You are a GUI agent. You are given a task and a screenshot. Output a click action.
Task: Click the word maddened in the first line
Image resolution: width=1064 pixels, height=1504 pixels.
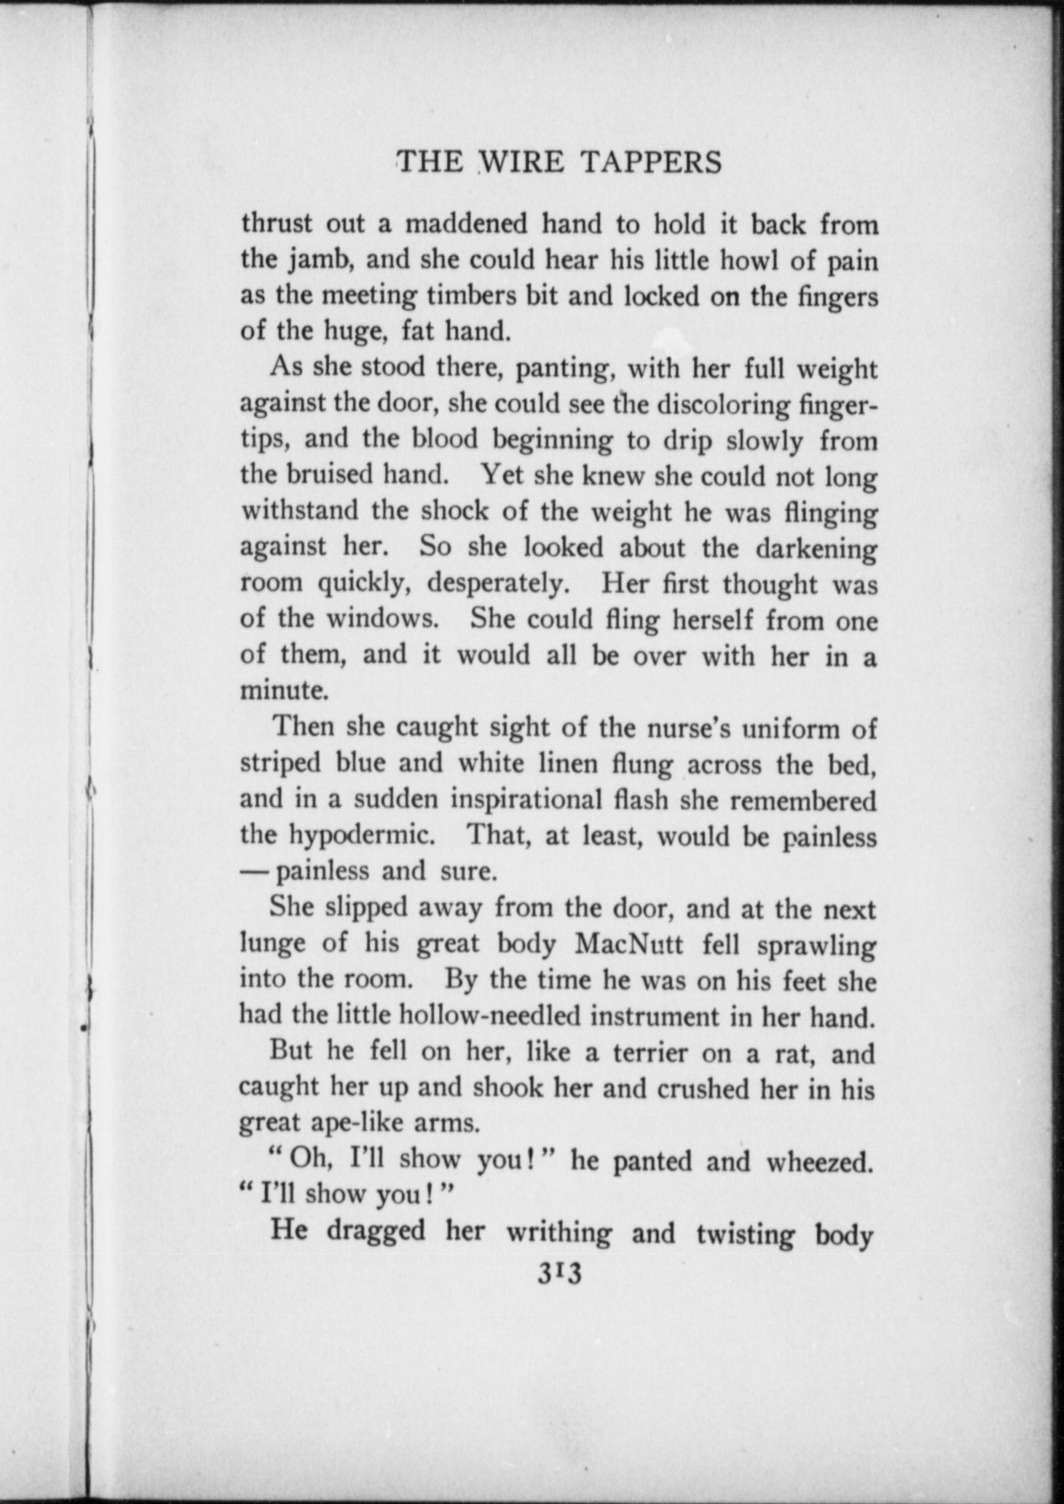pos(465,225)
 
